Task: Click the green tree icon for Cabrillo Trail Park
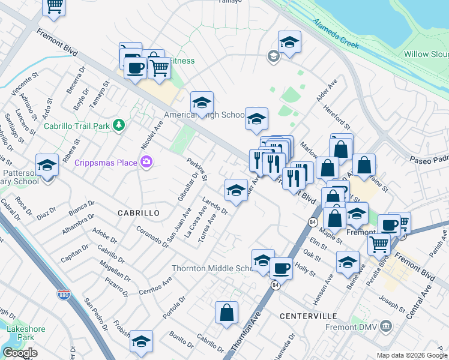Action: pos(119,125)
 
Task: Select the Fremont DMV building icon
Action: pos(385,326)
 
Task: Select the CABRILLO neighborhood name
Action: pos(138,213)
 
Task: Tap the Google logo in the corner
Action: pos(20,353)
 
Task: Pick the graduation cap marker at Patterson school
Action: pos(47,164)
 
